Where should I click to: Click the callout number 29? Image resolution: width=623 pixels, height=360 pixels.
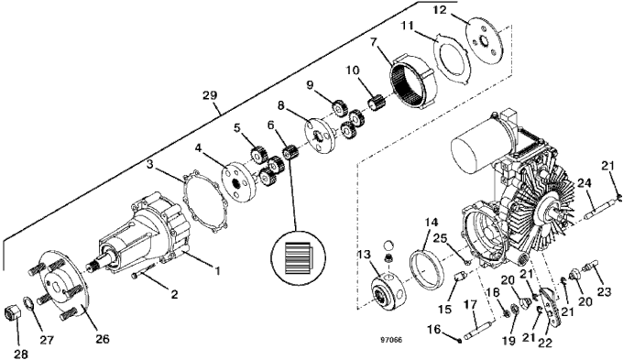[x=210, y=95]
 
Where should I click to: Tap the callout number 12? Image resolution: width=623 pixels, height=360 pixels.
[x=441, y=9]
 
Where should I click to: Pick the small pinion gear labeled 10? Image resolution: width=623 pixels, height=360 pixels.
[x=375, y=104]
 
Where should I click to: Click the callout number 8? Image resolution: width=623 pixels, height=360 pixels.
[x=280, y=106]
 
